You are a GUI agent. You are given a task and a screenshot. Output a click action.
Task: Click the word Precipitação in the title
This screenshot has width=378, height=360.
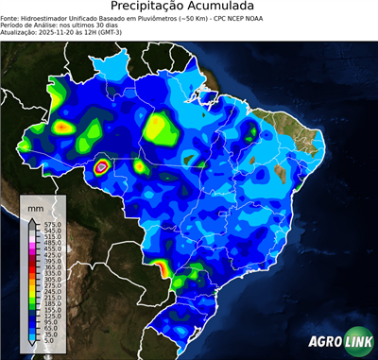[x=155, y=8]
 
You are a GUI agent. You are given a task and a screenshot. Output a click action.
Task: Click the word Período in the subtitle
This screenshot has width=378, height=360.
[x=14, y=25]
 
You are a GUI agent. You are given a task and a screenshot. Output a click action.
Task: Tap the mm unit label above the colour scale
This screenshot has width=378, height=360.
[x=35, y=205]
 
